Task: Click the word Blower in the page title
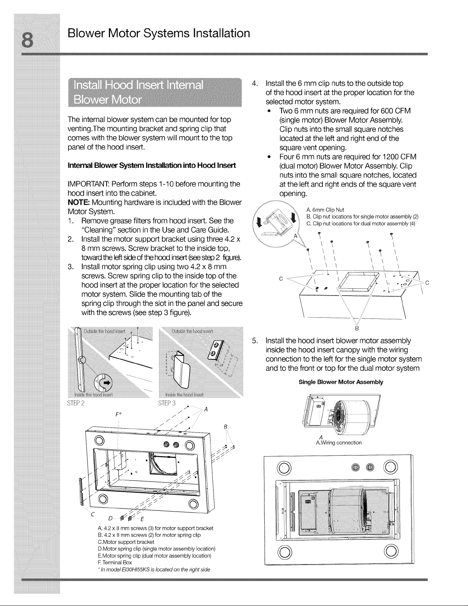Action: [x=86, y=33]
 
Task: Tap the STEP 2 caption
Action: [x=76, y=403]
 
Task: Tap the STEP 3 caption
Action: [x=167, y=403]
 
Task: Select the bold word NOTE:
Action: [x=79, y=202]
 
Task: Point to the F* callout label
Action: [x=118, y=414]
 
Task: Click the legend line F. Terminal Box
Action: [x=115, y=562]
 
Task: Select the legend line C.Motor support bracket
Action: [x=126, y=542]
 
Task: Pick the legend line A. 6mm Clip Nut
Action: [x=325, y=210]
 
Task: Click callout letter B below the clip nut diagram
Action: [x=357, y=328]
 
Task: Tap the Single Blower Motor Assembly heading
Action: [x=341, y=382]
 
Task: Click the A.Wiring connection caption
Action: [x=339, y=443]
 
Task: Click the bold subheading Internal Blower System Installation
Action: [x=152, y=166]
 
